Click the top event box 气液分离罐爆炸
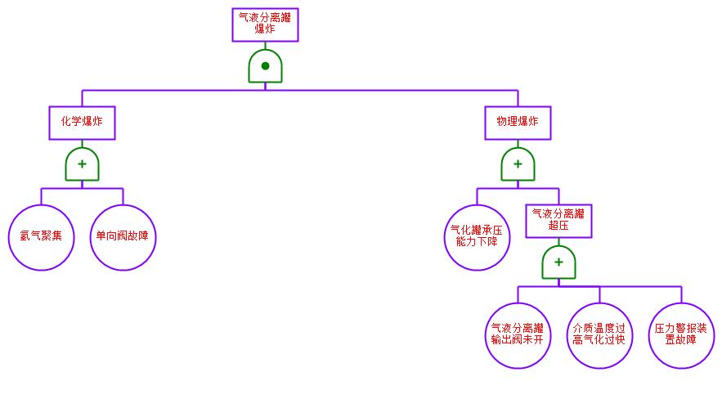[265, 25]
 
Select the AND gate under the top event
[265, 66]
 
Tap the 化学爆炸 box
[82, 123]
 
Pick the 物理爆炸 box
[518, 123]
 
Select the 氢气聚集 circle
[41, 237]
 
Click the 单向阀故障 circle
[123, 237]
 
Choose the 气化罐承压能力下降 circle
[477, 237]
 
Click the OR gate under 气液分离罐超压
[558, 262]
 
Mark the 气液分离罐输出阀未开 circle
[518, 335]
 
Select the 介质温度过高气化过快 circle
[599, 335]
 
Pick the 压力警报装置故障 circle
[681, 335]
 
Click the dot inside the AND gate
[265, 65]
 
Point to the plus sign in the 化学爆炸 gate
[82, 164]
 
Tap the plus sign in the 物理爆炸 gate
[518, 164]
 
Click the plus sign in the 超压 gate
[558, 262]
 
